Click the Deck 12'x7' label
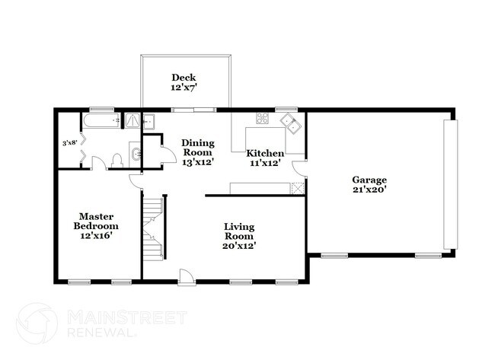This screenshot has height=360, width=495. coord(185,82)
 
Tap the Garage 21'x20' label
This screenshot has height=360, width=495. coord(370,185)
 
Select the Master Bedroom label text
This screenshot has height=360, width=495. coord(96,221)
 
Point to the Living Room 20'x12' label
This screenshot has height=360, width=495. coord(239,236)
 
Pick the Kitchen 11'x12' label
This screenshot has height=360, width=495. coord(264,158)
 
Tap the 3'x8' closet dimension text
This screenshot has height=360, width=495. coord(70,142)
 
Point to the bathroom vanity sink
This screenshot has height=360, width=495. coord(135,155)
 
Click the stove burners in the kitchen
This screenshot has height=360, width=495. coord(262,118)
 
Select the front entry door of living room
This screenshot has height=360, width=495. coord(185,276)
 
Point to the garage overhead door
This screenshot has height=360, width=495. coord(451,185)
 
